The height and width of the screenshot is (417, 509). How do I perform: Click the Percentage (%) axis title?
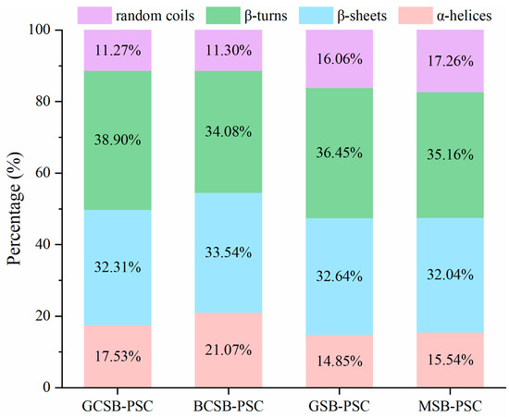coord(13,208)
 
